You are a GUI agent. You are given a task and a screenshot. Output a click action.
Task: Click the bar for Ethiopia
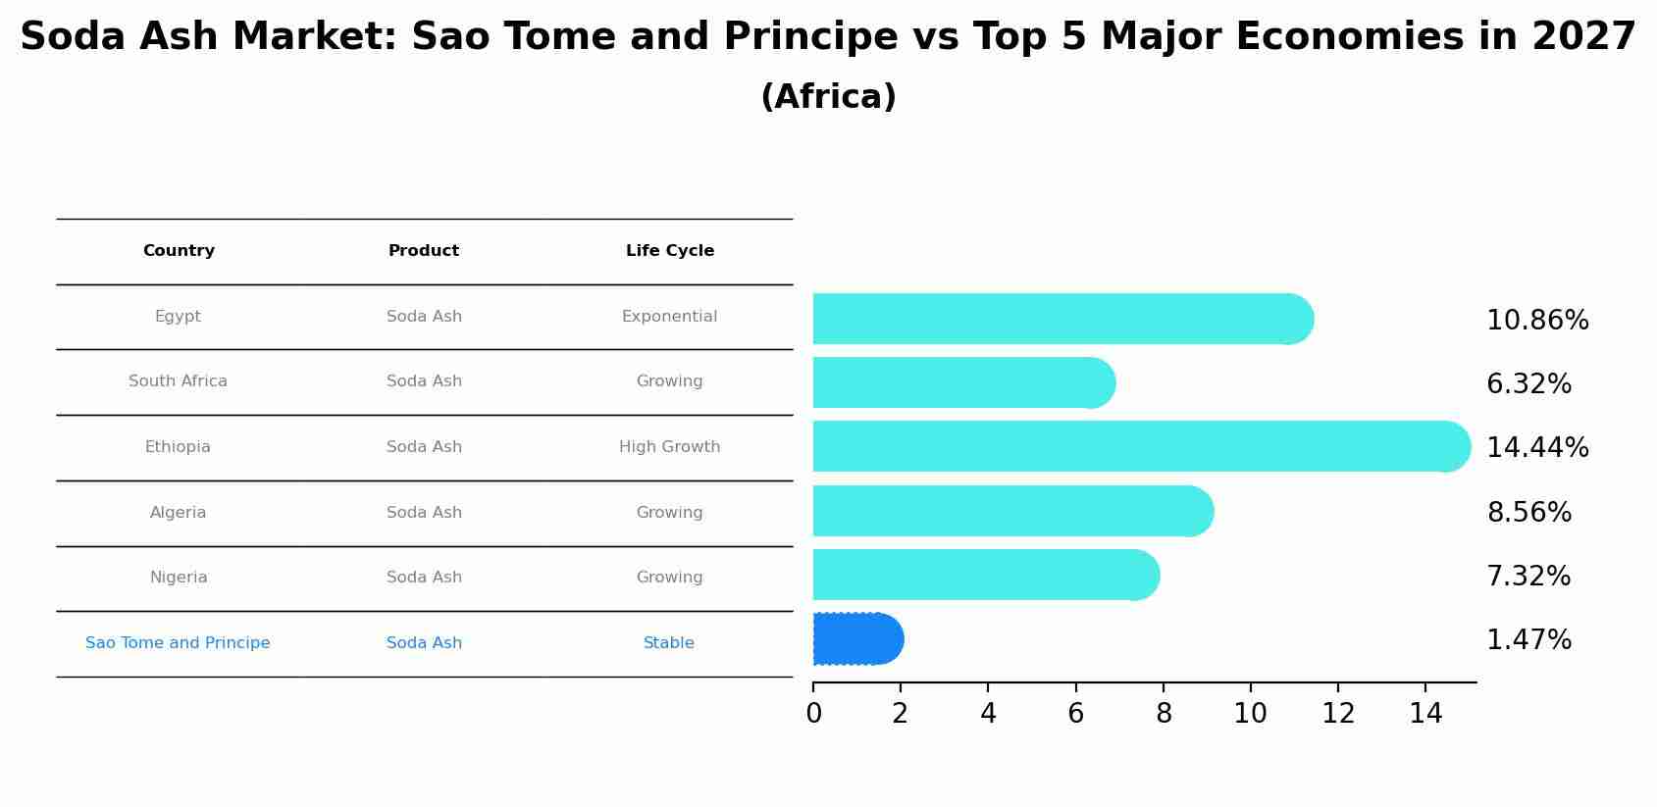[1141, 447]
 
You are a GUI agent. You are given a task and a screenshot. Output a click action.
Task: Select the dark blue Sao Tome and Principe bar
[858, 639]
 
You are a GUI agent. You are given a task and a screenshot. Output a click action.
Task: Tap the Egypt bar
[1063, 319]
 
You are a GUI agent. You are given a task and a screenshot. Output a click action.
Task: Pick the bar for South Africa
[963, 382]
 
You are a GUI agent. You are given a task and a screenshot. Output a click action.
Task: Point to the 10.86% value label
[1537, 321]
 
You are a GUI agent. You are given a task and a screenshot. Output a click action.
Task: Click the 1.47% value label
[1528, 640]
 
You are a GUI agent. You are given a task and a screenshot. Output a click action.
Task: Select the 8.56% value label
[1528, 512]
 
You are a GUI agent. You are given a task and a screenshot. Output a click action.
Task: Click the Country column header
[179, 251]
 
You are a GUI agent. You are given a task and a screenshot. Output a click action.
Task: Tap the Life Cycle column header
[669, 251]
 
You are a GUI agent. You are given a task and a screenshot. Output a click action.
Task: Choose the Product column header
[424, 251]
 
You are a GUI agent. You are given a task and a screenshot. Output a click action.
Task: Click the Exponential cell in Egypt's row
[669, 317]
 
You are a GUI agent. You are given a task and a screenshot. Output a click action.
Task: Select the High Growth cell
[669, 447]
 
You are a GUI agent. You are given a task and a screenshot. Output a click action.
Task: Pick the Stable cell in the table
[669, 643]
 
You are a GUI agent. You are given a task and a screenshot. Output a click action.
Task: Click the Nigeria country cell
[179, 577]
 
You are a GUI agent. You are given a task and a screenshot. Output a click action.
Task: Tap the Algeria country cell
[178, 512]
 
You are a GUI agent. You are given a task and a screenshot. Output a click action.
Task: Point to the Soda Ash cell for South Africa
[424, 380]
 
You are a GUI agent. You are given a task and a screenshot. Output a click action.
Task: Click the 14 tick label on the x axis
[1425, 714]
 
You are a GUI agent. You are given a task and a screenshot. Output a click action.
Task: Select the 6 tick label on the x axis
[1075, 714]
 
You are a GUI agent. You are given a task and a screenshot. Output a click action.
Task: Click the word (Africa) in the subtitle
[828, 97]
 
